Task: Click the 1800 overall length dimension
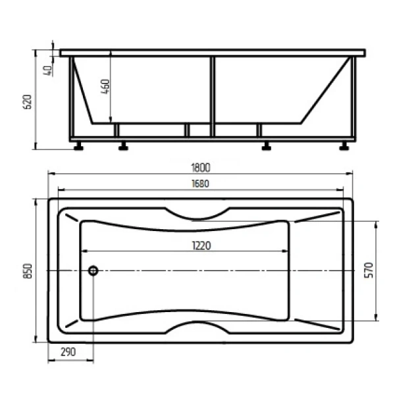click(201, 168)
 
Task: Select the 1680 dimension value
click(201, 184)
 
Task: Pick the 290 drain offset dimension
click(68, 352)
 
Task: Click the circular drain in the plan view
click(93, 271)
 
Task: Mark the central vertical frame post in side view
click(212, 95)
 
